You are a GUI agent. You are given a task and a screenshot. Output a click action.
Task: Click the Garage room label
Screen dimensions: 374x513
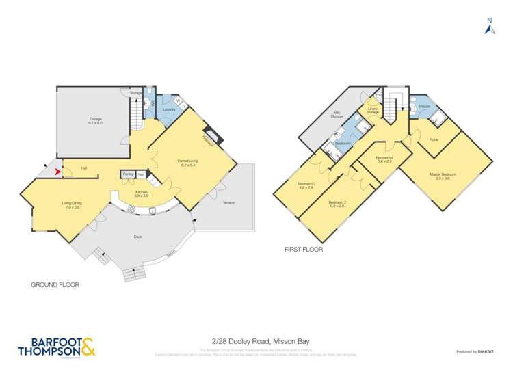pos(95,121)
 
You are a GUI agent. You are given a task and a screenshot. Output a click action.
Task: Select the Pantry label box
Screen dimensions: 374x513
pos(127,174)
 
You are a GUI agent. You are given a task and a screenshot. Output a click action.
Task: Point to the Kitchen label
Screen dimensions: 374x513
pos(142,194)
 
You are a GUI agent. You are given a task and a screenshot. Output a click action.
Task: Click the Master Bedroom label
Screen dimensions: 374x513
pos(443,176)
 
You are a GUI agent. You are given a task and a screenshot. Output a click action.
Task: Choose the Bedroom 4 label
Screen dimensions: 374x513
pos(383,159)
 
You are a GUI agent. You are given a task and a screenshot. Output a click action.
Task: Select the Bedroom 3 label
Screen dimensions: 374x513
pos(306,185)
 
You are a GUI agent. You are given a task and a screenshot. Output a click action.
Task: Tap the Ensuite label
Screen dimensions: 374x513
pos(424,107)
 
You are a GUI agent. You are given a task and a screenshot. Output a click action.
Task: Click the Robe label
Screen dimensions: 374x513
pos(434,139)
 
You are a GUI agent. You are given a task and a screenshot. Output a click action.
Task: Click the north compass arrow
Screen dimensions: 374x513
pos(488,27)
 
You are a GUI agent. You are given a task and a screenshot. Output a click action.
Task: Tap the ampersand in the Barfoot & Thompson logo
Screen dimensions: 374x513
pos(89,347)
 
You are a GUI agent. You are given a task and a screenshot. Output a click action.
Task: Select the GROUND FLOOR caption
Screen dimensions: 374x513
pos(55,284)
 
